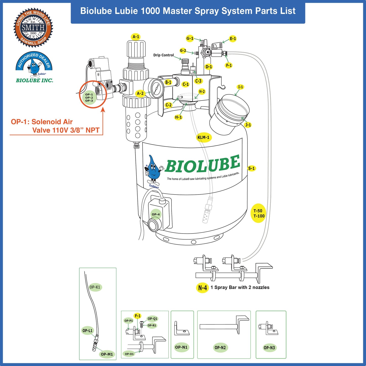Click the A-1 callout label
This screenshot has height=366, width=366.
[136, 37]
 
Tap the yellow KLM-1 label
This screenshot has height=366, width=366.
[203, 137]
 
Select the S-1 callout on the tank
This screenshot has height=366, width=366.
[252, 168]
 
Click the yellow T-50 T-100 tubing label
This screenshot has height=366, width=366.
[259, 213]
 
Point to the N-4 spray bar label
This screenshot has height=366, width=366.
[202, 288]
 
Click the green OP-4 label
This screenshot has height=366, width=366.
[156, 214]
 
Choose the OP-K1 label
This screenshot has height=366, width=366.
[95, 287]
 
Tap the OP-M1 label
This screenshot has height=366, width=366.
[107, 354]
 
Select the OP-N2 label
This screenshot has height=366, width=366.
[220, 348]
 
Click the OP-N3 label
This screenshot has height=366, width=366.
[269, 348]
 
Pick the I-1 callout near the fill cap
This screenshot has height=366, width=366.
[240, 87]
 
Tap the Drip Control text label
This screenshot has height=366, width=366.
[163, 55]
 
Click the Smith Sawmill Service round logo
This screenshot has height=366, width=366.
[33, 27]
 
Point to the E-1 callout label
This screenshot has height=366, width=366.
[233, 38]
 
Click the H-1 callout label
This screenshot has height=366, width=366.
[178, 117]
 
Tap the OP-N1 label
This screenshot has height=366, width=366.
[181, 347]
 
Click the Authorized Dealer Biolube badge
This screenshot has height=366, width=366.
[34, 67]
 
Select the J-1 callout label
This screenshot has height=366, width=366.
[248, 125]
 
